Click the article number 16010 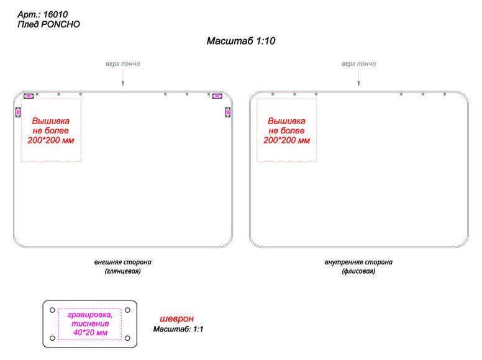(55, 14)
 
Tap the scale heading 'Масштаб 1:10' (241, 41)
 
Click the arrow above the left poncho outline (123, 78)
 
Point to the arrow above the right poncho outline (359, 78)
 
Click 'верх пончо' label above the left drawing (123, 64)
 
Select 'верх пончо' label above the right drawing (359, 64)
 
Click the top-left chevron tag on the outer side (29, 96)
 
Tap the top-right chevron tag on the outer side (217, 96)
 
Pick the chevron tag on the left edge (18, 112)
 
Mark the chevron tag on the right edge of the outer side (228, 112)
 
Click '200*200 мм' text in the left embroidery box (51, 140)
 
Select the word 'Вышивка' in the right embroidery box (286, 120)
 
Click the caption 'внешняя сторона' (122, 263)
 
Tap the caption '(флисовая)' (358, 271)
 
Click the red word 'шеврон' (177, 319)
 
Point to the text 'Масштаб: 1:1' (178, 330)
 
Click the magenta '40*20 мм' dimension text (91, 333)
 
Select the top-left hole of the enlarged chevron (53, 310)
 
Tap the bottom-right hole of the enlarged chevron (127, 338)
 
